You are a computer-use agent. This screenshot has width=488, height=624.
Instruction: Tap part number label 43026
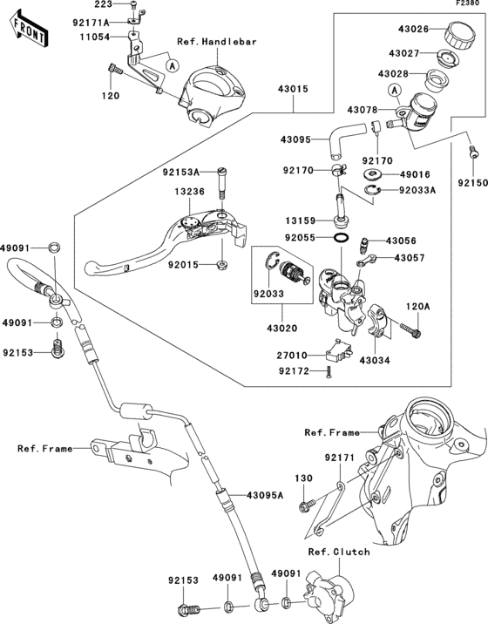click(414, 29)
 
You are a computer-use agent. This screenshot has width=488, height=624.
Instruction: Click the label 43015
click(294, 89)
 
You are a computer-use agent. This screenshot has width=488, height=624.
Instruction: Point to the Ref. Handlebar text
click(217, 41)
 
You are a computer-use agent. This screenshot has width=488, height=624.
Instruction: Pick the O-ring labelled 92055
click(341, 238)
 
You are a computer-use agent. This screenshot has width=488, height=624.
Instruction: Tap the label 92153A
click(180, 173)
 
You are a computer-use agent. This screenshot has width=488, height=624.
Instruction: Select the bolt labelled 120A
click(410, 329)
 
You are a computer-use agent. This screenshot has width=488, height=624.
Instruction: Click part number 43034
click(375, 361)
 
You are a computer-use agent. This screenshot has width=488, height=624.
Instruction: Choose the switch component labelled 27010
click(339, 350)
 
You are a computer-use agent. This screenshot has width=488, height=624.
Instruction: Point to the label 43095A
click(265, 495)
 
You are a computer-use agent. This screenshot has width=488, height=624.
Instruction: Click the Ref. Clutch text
click(339, 552)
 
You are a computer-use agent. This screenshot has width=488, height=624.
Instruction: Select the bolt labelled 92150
click(472, 152)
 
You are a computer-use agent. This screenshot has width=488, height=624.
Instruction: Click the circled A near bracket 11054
click(172, 65)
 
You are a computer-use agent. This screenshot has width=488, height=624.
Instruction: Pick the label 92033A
click(417, 190)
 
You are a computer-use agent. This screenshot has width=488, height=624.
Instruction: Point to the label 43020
click(281, 329)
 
